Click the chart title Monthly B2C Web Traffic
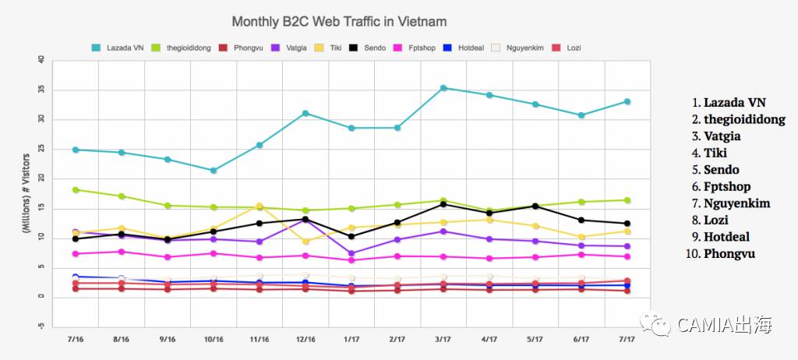pyautogui.click(x=339, y=21)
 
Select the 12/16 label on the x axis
pyautogui.click(x=305, y=340)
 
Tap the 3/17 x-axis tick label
pyautogui.click(x=443, y=340)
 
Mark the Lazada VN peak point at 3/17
pyautogui.click(x=443, y=88)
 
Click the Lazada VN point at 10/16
pyautogui.click(x=214, y=170)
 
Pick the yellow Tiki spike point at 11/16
pyautogui.click(x=260, y=206)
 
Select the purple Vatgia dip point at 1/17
pyautogui.click(x=351, y=253)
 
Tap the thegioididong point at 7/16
pyautogui.click(x=76, y=189)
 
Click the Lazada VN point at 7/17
pyautogui.click(x=627, y=102)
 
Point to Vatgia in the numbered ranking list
pyautogui.click(x=722, y=136)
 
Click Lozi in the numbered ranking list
pyautogui.click(x=716, y=220)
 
